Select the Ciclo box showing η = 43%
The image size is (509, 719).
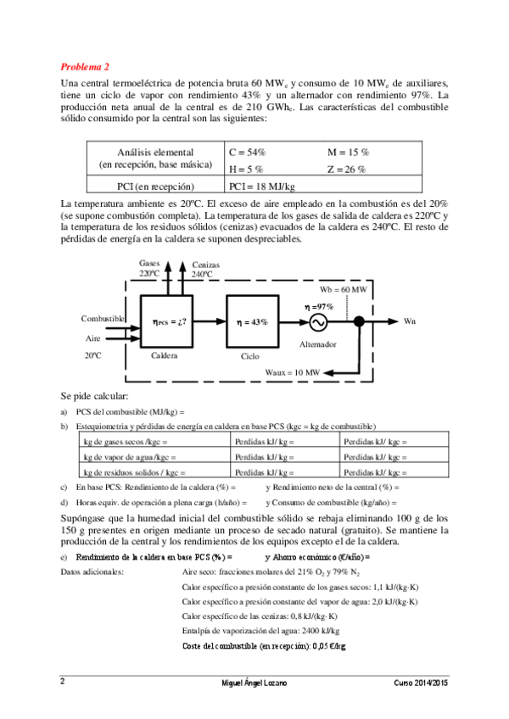coord(250,322)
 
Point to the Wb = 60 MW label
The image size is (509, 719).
coord(344,289)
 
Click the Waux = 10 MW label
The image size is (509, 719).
coord(292,372)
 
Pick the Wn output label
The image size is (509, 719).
coord(410,321)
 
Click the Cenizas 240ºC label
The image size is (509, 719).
coord(205,270)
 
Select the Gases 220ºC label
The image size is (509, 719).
coord(149,269)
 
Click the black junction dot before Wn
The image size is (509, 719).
coord(360,322)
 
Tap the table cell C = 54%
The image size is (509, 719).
coord(248,152)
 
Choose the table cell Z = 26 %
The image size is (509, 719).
coord(347,170)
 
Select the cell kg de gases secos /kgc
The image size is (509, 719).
coord(126,442)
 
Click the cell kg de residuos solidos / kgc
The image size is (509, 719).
coord(133,472)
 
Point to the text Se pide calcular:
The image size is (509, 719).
coord(94,396)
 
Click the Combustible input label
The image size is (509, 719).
coord(103,318)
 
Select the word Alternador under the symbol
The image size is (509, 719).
coord(318,345)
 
